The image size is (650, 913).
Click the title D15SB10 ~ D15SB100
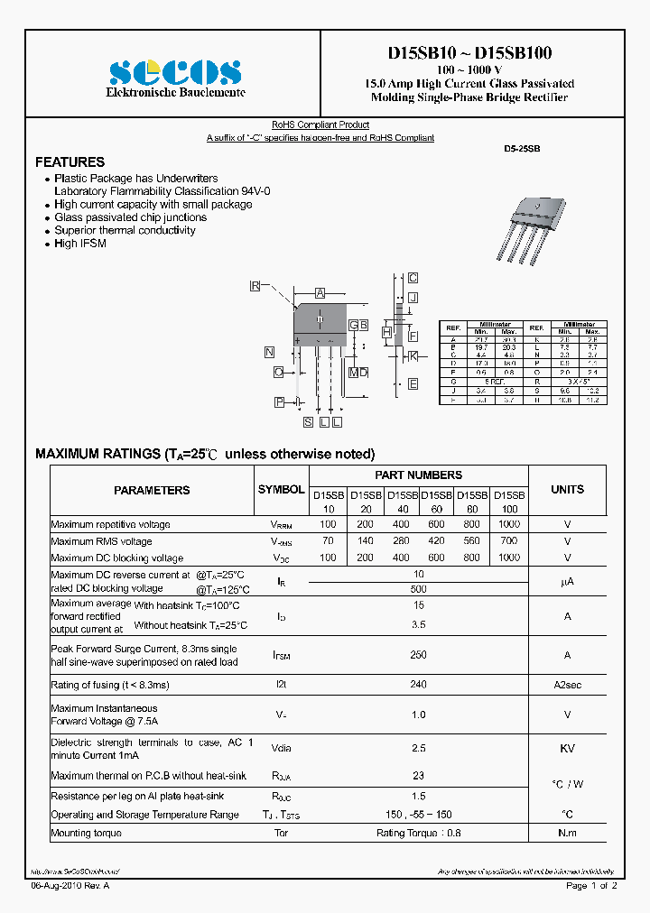(x=469, y=53)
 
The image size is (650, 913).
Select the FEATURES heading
(x=70, y=162)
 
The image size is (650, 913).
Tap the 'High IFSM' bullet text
(x=80, y=244)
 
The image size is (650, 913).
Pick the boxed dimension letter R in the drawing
(x=255, y=286)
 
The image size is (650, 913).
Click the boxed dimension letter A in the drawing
(x=320, y=293)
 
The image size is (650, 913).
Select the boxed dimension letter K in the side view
(x=413, y=356)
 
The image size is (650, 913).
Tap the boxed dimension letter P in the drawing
(x=280, y=401)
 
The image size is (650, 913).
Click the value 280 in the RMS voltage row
(x=402, y=541)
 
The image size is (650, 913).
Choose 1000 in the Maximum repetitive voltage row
(x=509, y=524)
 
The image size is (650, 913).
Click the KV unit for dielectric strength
(x=568, y=748)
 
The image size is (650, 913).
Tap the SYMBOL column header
(x=281, y=489)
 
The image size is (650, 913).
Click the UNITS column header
(x=567, y=489)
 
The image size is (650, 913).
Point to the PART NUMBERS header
(x=418, y=475)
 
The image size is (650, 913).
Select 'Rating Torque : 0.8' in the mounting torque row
(x=418, y=833)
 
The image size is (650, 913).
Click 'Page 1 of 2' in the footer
(x=591, y=886)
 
